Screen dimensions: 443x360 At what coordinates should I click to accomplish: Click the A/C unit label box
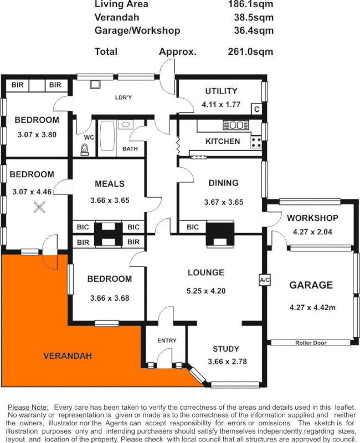(x=264, y=281)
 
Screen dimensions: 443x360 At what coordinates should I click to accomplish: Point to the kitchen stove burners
(x=256, y=142)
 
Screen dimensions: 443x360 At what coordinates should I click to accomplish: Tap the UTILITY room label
(x=221, y=91)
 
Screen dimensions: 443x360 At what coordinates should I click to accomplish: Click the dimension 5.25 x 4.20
(x=205, y=291)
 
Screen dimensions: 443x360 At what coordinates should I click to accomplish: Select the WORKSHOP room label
(x=312, y=218)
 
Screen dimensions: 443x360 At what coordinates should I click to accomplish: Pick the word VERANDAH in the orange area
(x=68, y=356)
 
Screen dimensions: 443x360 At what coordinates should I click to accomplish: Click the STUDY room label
(x=226, y=349)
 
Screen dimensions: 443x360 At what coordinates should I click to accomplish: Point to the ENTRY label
(x=166, y=341)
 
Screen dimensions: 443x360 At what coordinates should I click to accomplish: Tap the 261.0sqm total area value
(x=250, y=51)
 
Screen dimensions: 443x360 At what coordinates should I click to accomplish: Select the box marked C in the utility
(x=256, y=109)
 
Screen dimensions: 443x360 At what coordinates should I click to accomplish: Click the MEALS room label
(x=110, y=184)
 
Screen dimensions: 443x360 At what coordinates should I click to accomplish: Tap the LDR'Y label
(x=123, y=97)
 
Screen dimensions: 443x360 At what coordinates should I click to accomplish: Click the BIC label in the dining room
(x=193, y=227)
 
